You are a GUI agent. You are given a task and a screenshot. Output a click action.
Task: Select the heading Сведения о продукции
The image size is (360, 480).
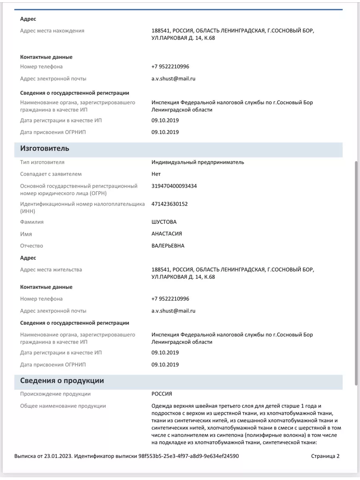pos(62,381)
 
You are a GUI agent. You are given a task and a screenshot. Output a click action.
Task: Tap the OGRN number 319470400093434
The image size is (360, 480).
pos(174,186)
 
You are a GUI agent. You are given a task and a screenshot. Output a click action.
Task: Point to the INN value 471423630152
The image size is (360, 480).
pos(170,204)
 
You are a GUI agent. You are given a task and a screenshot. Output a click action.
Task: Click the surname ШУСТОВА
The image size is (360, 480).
pos(164,222)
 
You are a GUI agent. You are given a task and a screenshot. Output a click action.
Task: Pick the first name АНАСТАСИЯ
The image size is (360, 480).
pos(167,234)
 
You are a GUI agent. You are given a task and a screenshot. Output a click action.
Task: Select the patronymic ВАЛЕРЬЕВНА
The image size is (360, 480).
pos(168,246)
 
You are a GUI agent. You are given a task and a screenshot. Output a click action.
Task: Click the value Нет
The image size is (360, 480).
pos(156,174)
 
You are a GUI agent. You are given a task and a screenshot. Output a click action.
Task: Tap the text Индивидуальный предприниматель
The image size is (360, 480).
pos(198,162)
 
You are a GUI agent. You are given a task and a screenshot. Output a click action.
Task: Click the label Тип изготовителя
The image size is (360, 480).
pos(42,162)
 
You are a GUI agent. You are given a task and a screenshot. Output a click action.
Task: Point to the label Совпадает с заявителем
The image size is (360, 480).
pos(51,174)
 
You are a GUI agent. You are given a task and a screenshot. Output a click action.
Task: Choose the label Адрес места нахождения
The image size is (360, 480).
pos(52,31)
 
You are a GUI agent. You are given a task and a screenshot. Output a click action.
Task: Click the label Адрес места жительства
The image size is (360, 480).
pos(51,270)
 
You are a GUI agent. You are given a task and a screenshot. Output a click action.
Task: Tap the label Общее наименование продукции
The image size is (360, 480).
pos(63,406)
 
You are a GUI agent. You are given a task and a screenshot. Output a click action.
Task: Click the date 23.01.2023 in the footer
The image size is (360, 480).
pos(58,456)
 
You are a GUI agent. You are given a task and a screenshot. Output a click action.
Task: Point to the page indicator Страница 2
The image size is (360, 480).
pos(325,456)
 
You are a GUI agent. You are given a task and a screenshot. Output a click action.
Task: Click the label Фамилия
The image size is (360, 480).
pos(32,222)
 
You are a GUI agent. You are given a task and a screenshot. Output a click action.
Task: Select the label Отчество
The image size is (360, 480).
pos(32,246)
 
